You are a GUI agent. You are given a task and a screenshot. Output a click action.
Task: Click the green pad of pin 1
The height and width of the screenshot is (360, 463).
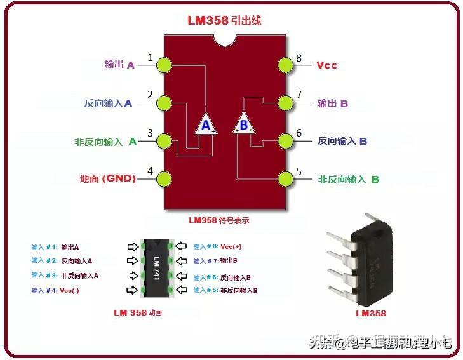click(164, 65)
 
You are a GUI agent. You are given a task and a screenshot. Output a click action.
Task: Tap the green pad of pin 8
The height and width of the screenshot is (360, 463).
click(288, 65)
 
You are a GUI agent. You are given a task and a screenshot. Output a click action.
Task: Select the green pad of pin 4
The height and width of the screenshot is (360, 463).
click(164, 179)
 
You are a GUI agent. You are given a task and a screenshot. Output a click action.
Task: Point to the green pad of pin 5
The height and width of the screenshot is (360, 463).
click(288, 179)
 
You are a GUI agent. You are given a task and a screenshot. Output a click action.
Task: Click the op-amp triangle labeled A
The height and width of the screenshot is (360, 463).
click(205, 124)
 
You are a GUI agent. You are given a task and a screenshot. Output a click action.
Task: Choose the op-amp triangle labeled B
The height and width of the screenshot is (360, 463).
click(244, 123)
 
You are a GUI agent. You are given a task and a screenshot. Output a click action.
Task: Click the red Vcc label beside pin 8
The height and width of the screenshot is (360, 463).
click(326, 65)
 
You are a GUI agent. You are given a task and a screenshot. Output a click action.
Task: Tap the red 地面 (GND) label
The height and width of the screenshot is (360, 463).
click(108, 179)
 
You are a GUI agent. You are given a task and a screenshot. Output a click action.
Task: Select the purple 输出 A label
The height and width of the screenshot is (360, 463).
click(119, 65)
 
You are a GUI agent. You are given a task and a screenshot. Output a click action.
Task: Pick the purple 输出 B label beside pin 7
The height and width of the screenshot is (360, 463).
click(333, 103)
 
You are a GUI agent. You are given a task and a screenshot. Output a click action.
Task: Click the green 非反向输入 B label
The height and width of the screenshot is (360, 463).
click(348, 180)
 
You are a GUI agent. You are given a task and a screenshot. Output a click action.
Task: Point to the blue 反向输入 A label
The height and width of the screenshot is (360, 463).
click(108, 103)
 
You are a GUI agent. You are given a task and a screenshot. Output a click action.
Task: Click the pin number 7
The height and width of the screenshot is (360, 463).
click(299, 95)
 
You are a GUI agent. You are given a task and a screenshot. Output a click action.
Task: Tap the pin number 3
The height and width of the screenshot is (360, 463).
click(151, 133)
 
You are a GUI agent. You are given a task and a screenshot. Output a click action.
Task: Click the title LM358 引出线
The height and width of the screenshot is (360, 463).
click(224, 20)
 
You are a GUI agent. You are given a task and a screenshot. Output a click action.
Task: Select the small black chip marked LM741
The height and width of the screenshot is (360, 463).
click(156, 267)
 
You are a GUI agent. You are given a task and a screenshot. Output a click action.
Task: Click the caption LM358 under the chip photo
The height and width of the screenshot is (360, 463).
click(371, 313)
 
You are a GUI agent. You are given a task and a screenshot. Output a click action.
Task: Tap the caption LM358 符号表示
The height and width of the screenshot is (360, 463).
click(218, 221)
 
